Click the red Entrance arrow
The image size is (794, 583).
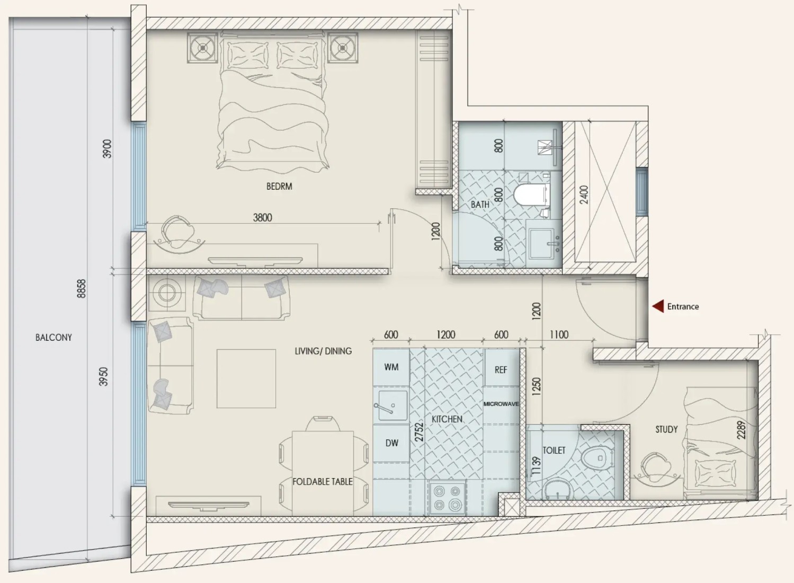coord(658,306)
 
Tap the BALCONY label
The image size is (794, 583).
coord(53,337)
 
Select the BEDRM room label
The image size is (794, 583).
coord(279,186)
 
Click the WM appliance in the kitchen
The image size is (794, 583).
coord(391,367)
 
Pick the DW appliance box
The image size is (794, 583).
coord(391,443)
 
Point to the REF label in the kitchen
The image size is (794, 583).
coord(501,370)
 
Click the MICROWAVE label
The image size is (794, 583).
coord(501,404)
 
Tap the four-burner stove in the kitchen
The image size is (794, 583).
coord(448,497)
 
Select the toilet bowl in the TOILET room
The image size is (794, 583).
coord(597,458)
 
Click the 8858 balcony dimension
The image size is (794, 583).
coord(82,289)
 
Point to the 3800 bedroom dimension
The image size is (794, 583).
coord(262,217)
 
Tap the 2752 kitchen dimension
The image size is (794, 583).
coord(419,431)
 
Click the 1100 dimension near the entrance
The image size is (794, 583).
coord(559,334)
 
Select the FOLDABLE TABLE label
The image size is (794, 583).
coord(323,482)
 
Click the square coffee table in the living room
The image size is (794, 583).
coord(246,379)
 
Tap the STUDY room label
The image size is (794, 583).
coord(666,429)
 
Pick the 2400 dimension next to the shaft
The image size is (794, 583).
coord(584,195)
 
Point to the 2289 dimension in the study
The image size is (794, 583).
coord(741,430)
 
